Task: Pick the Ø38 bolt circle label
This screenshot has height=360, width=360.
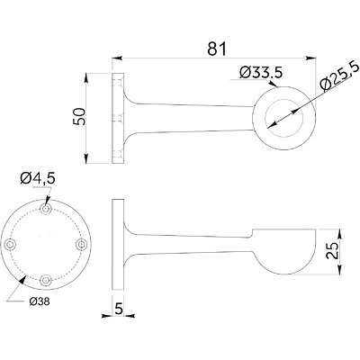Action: pyautogui.click(x=39, y=300)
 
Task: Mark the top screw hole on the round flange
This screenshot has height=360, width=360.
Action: pyautogui.click(x=46, y=209)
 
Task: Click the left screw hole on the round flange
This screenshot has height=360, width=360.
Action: pyautogui.click(x=11, y=245)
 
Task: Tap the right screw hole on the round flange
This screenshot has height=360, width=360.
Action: pyautogui.click(x=82, y=245)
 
